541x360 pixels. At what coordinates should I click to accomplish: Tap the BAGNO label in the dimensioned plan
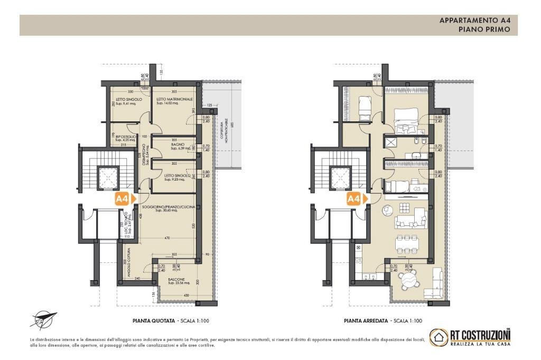point(177,144)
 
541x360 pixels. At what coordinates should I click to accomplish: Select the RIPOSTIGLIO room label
point(126,136)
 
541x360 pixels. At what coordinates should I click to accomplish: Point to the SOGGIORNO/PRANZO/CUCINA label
point(171,207)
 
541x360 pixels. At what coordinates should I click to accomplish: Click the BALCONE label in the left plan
point(176,279)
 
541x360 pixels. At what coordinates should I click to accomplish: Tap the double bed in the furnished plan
point(406,120)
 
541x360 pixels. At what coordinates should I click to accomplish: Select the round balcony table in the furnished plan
point(408,281)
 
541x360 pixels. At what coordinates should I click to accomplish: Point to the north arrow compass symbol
point(43,318)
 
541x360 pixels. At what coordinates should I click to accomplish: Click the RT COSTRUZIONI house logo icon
point(439,337)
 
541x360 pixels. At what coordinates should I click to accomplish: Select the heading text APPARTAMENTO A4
point(474,21)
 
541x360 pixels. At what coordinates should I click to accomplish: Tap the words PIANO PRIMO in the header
point(484,30)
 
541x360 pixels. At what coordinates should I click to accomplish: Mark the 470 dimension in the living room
point(167,239)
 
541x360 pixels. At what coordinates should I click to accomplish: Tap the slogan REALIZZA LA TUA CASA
point(480,344)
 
